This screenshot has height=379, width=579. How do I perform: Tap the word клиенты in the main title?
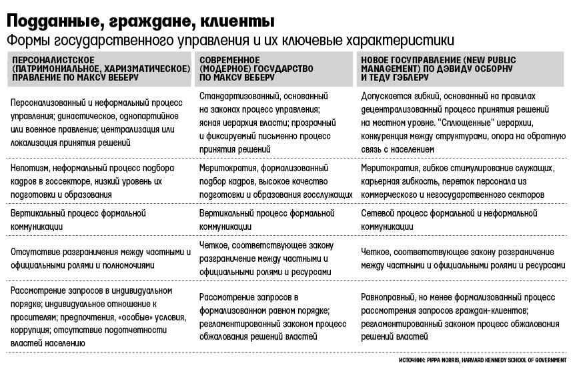coord(234,17)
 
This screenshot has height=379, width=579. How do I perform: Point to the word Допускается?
coord(386,97)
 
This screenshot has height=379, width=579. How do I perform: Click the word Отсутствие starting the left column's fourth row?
coord(34,252)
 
